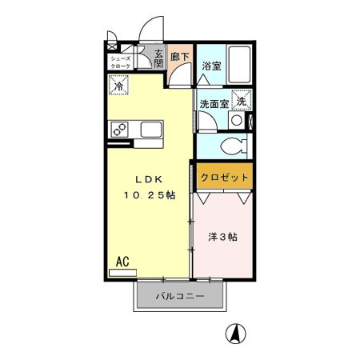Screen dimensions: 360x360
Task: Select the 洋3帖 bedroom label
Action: point(222,237)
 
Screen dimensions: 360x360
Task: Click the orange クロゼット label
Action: point(224,177)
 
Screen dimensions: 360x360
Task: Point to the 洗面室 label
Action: point(214,102)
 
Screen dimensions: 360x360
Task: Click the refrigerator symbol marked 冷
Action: point(118,84)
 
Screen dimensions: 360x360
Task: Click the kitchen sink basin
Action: point(151,129)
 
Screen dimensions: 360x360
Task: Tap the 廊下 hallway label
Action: point(181,57)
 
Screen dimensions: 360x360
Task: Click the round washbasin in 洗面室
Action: point(236,120)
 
